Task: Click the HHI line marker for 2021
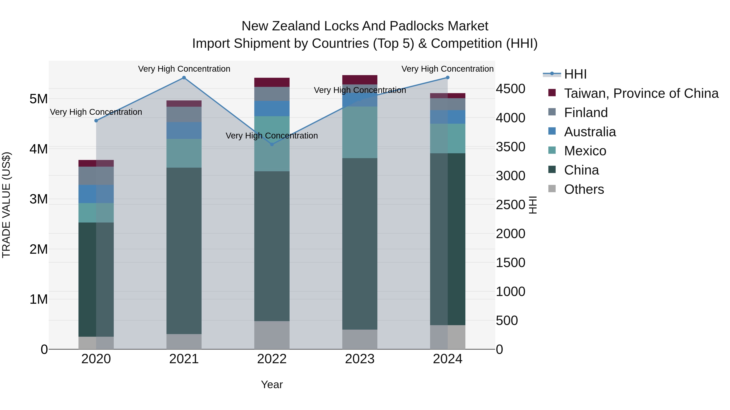click(184, 78)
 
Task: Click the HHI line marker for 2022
click(272, 144)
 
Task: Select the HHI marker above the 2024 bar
click(448, 78)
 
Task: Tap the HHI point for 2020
click(96, 120)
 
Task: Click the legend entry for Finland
click(586, 113)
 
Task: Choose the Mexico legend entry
click(585, 151)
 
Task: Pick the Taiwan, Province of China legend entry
click(641, 93)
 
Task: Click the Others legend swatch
click(552, 189)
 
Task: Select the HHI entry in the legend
click(575, 74)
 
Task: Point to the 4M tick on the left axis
click(39, 149)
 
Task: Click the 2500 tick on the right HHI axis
click(510, 204)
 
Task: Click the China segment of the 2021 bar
click(184, 250)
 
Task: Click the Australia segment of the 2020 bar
click(96, 194)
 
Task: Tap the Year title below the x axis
click(272, 384)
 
